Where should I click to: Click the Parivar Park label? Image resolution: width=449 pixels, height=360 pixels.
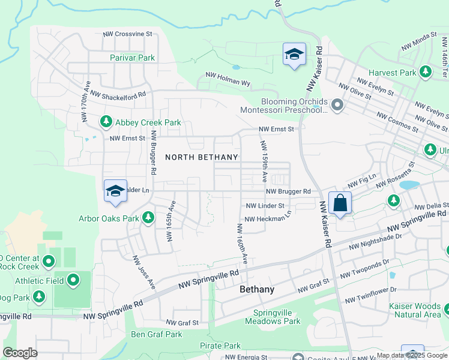(132, 58)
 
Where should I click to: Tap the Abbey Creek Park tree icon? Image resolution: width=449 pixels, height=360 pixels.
(106, 122)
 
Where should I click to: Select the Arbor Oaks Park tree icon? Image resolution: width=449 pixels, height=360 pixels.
(148, 218)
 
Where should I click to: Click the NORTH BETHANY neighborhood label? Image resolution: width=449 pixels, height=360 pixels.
(201, 157)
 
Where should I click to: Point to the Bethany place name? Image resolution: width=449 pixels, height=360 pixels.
(256, 289)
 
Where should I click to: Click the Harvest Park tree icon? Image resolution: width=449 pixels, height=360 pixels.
(426, 73)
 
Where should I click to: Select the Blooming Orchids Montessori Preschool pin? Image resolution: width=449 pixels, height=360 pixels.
(337, 106)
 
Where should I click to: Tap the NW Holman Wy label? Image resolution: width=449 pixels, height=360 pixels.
(228, 79)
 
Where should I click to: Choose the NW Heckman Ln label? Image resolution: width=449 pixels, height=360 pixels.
(268, 218)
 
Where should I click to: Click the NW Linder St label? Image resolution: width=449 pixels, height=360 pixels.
(264, 205)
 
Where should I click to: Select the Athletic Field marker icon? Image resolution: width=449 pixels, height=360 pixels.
(73, 280)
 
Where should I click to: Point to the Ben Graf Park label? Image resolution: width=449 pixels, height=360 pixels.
(156, 334)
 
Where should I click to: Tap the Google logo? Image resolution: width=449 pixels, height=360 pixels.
(20, 353)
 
